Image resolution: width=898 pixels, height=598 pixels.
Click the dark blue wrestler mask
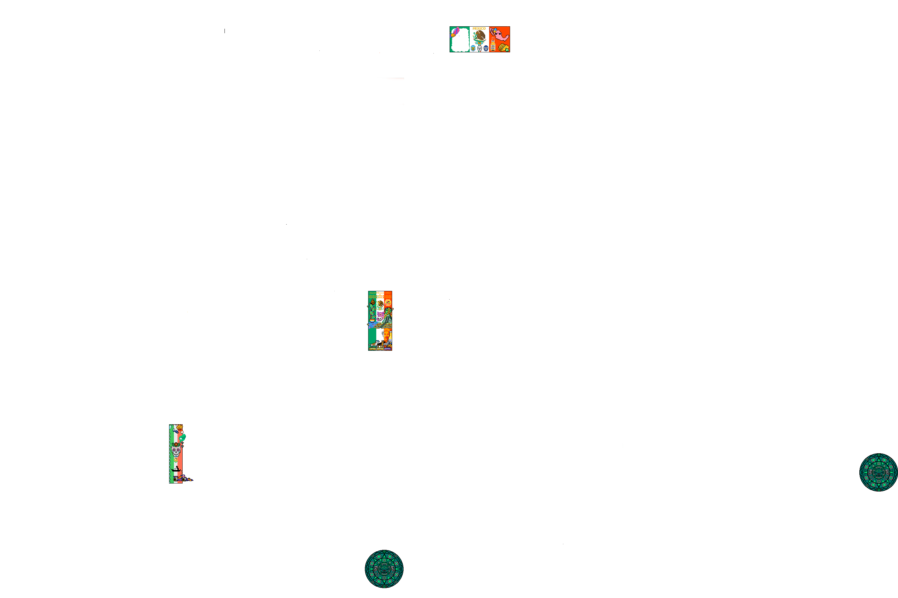[x=486, y=48]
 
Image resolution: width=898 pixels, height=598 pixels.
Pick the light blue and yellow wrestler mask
[x=473, y=48]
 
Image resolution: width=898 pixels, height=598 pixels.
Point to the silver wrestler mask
[x=480, y=48]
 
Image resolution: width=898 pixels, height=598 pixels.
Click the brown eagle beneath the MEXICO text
[x=479, y=36]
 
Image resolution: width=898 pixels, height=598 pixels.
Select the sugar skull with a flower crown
[x=176, y=450]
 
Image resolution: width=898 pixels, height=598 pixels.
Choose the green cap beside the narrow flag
[x=183, y=437]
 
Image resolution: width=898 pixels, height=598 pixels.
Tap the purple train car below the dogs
[x=388, y=349]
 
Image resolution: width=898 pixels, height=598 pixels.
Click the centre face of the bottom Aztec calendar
[x=384, y=569]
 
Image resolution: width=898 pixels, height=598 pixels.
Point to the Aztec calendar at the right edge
[x=879, y=472]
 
